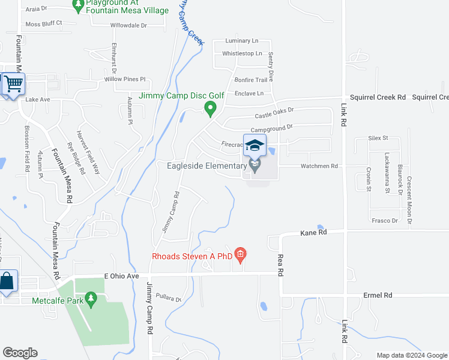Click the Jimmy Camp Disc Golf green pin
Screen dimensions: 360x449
pos(210,109)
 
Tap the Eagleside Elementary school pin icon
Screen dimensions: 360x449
pos(255,166)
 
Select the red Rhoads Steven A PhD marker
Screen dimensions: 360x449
pos(240,255)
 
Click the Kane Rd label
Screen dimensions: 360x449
pos(313,232)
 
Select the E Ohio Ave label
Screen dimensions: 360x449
pos(121,275)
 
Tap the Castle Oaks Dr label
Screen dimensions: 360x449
pos(274,112)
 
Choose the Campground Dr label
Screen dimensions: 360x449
pos(271,127)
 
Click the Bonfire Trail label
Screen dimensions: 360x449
pos(250,80)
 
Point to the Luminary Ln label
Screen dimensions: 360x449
pos(241,41)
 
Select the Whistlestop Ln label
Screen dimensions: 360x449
pos(242,53)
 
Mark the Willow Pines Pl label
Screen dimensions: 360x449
pos(125,79)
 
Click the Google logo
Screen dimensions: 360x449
pos(20,353)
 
